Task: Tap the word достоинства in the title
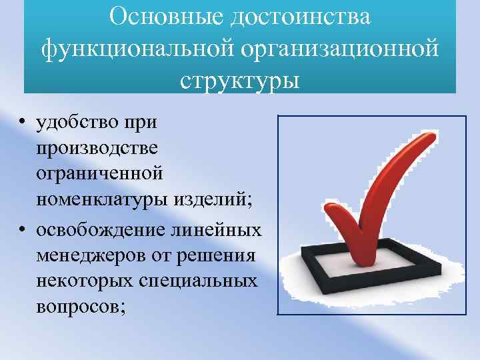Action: pos(300,16)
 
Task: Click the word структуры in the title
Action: pos(239,80)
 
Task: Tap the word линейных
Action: pos(223,229)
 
